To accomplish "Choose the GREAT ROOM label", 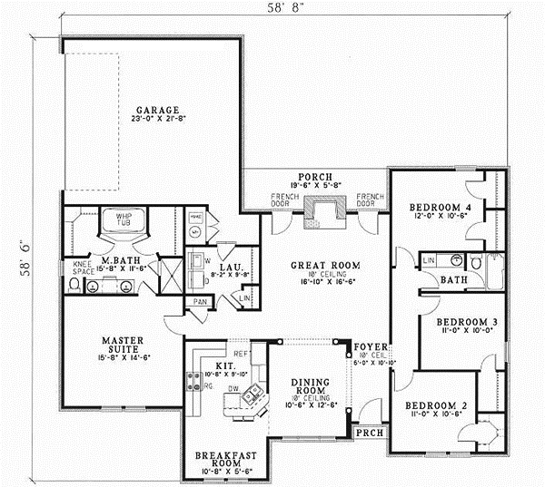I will point(325,265).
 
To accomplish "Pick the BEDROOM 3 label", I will point(465,321).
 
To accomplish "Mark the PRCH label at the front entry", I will point(369,433).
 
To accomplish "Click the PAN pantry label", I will point(200,300).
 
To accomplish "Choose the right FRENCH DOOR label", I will point(369,200).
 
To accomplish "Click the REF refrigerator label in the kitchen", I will point(242,354).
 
